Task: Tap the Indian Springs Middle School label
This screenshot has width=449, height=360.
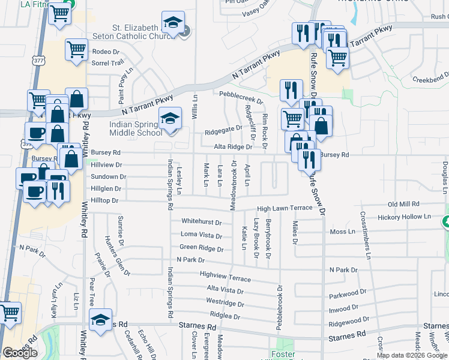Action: pyautogui.click(x=135, y=128)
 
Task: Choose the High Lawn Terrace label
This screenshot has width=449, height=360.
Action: pyautogui.click(x=285, y=208)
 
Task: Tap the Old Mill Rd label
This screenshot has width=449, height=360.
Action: pyautogui.click(x=406, y=205)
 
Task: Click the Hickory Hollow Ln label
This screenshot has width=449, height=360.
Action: pyautogui.click(x=405, y=216)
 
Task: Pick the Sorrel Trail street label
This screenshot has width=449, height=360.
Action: pyautogui.click(x=107, y=62)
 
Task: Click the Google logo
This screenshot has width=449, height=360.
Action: pyautogui.click(x=20, y=353)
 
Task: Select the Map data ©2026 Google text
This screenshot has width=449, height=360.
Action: pyautogui.click(x=412, y=355)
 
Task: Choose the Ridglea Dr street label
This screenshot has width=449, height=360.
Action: pyautogui.click(x=224, y=316)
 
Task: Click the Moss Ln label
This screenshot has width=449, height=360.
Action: pyautogui.click(x=343, y=232)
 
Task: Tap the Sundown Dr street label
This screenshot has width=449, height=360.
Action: pyautogui.click(x=108, y=177)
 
